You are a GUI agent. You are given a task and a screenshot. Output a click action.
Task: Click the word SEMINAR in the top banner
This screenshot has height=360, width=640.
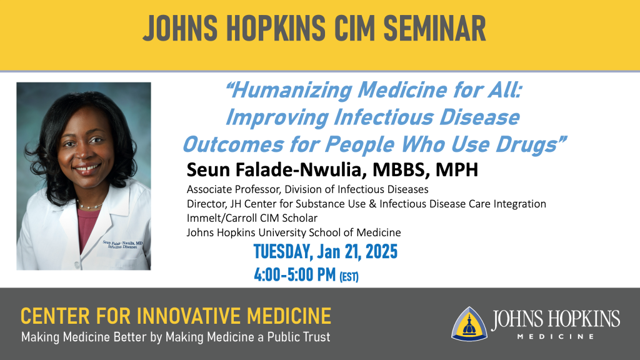(x=435, y=29)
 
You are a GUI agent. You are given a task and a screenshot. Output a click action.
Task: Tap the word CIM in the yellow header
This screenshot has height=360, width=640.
(x=354, y=29)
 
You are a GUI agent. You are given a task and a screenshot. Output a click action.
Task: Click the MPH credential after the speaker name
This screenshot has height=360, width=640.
(x=457, y=170)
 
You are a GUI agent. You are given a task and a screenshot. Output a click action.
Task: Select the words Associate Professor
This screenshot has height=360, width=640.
(x=233, y=189)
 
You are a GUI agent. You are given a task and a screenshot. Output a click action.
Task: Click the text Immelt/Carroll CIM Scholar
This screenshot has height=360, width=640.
(x=252, y=218)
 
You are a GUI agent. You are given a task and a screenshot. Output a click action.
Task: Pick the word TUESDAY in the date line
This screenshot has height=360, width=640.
(x=283, y=252)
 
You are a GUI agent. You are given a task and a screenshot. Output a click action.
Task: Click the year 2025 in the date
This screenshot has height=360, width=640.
(x=381, y=251)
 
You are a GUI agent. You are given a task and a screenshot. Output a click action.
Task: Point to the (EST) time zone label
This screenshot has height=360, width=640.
(x=349, y=277)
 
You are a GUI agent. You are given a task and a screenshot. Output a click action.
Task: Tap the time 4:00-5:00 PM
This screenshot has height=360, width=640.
(x=295, y=275)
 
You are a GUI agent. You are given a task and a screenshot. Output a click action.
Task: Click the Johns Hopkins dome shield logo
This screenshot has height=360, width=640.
(x=469, y=324)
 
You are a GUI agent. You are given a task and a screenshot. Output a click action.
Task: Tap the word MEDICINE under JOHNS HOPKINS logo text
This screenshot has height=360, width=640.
(x=556, y=337)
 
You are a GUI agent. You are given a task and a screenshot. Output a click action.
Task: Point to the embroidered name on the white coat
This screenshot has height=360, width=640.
(x=122, y=244)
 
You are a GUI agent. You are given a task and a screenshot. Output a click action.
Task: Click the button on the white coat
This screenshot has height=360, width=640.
(x=77, y=265)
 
